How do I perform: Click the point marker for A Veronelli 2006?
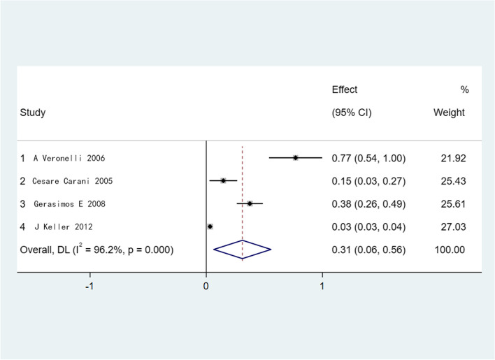tap(295, 158)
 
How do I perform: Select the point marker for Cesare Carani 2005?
tap(223, 180)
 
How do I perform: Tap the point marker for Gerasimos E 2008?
tap(250, 203)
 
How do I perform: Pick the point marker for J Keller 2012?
tap(210, 226)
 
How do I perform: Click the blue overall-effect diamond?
tap(242, 250)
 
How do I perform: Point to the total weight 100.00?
tap(452, 250)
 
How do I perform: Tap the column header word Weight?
tap(449, 112)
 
